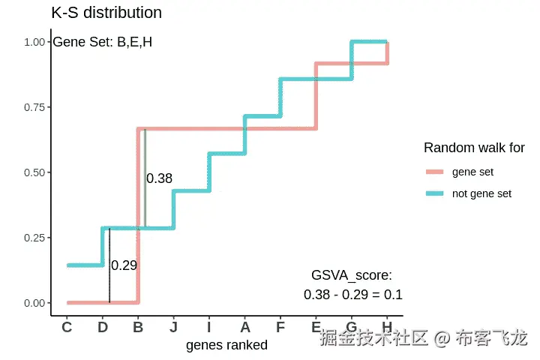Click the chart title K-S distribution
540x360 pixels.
click(106, 13)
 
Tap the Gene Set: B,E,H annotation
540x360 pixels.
click(102, 42)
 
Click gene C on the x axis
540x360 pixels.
click(67, 327)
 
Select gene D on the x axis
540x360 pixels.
click(103, 327)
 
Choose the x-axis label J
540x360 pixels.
click(173, 327)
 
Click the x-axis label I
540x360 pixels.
click(209, 327)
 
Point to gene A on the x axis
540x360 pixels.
click(244, 327)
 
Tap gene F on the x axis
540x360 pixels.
click(280, 327)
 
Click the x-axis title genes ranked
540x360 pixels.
click(226, 345)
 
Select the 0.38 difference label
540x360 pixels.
click(159, 178)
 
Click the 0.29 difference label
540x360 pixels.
click(124, 265)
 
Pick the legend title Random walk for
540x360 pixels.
click(474, 148)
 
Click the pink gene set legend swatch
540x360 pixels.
click(435, 172)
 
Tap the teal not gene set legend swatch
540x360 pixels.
click(435, 193)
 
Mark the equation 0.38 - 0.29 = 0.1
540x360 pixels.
click(352, 295)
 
